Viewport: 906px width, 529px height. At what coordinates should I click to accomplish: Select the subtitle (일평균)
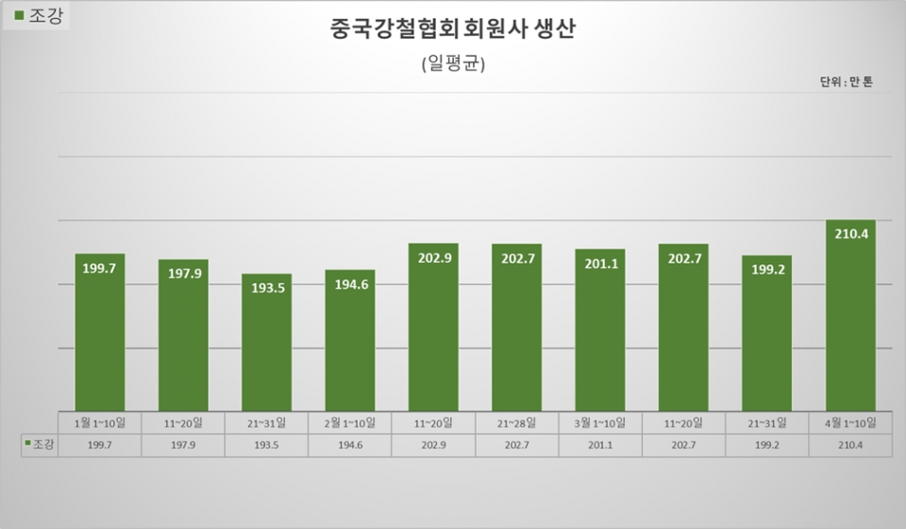tap(453, 63)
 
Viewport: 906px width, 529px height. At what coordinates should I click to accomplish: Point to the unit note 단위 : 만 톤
tap(846, 82)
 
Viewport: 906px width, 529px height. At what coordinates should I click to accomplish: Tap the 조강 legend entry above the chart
tap(39, 15)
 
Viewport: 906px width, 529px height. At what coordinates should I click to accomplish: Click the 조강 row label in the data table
tap(40, 445)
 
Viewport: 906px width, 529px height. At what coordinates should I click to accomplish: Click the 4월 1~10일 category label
tap(850, 421)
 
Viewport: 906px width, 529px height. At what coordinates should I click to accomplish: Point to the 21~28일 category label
tap(516, 421)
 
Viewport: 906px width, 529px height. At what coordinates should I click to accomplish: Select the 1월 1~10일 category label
tap(100, 421)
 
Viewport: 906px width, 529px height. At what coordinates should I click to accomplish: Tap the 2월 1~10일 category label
tap(349, 421)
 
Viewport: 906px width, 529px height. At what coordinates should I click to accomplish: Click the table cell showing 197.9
tap(183, 445)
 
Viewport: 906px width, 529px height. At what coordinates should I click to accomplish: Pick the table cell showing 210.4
tap(850, 445)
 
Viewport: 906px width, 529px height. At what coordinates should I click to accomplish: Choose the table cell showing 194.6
tap(349, 445)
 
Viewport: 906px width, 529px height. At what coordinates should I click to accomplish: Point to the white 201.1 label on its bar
tap(600, 264)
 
